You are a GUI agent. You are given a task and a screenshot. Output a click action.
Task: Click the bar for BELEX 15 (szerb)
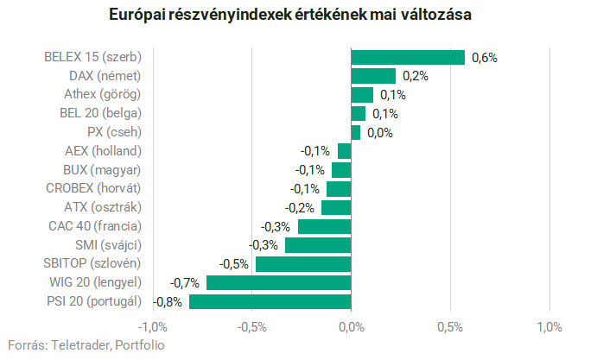pos(408,58)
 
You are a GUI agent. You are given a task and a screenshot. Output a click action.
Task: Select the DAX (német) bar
pos(373,76)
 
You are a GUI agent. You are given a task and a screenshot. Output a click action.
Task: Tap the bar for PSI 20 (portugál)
pos(270,301)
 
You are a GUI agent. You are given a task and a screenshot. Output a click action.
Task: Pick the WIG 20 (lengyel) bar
pos(278,282)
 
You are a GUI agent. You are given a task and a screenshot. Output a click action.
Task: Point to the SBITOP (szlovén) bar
pos(302,263)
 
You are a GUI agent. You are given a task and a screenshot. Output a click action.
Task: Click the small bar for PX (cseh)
pos(355,132)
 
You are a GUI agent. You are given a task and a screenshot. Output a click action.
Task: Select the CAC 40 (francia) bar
pos(324,226)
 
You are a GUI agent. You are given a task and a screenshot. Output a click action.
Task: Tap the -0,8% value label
pos(168,301)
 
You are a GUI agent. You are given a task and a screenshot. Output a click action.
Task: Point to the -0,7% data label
pos(186,282)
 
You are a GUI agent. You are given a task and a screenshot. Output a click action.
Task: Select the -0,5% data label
pos(235,263)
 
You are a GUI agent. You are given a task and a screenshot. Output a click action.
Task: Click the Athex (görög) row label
pos(102,94)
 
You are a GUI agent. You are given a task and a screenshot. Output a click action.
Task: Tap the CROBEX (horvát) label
pos(93,188)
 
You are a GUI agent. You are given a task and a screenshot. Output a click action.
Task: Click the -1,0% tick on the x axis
pos(153,327)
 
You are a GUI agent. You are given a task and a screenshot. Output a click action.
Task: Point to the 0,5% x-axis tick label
pos(450,327)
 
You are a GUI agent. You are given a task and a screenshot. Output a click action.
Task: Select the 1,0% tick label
pos(549,327)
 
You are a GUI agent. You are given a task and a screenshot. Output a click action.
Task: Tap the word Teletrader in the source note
pos(80,344)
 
